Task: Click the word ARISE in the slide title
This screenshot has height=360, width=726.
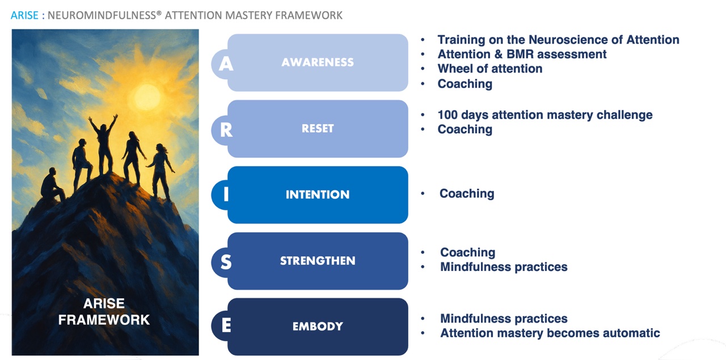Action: (x=24, y=15)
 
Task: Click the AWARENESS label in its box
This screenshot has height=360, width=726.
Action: (x=318, y=62)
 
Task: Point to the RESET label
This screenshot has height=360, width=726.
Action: (x=318, y=129)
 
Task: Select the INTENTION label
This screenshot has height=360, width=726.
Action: (x=318, y=194)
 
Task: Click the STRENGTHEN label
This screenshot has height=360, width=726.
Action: (x=318, y=261)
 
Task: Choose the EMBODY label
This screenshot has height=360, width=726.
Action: (x=318, y=327)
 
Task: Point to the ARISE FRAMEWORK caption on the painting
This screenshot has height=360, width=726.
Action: (x=104, y=312)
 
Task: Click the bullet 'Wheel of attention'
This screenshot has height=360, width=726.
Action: (x=489, y=69)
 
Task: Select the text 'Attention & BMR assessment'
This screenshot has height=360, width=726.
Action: (x=522, y=54)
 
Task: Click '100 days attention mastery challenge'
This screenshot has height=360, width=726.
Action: (x=545, y=115)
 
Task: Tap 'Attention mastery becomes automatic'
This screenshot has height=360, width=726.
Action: (x=550, y=333)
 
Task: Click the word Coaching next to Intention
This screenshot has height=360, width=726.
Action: (x=467, y=193)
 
